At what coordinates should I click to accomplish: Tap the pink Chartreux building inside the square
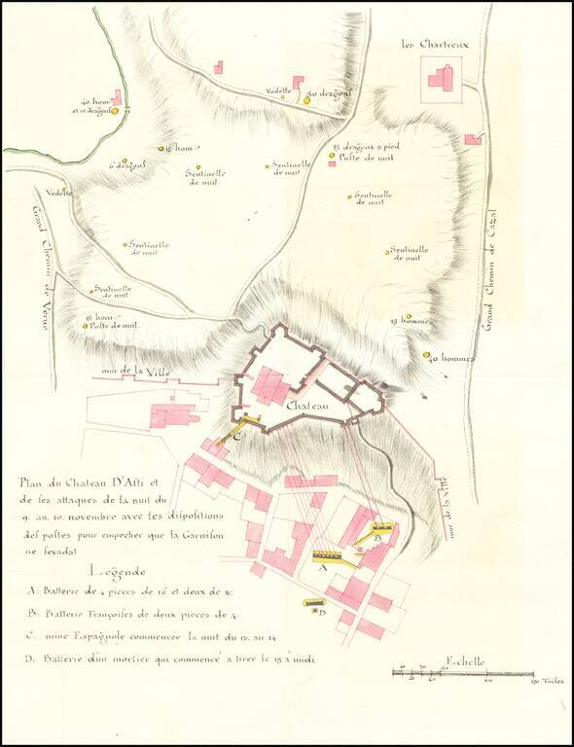click(x=446, y=78)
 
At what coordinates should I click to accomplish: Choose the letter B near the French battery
click(x=377, y=537)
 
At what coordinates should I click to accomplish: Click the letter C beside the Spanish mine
click(x=236, y=436)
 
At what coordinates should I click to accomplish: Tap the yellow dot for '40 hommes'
click(x=426, y=356)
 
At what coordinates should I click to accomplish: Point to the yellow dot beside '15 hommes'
click(x=409, y=316)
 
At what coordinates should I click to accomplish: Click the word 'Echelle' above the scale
click(x=461, y=662)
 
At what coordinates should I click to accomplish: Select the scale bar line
click(x=462, y=673)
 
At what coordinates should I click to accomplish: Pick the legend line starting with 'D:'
click(x=170, y=659)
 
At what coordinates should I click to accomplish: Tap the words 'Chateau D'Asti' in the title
click(x=112, y=480)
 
